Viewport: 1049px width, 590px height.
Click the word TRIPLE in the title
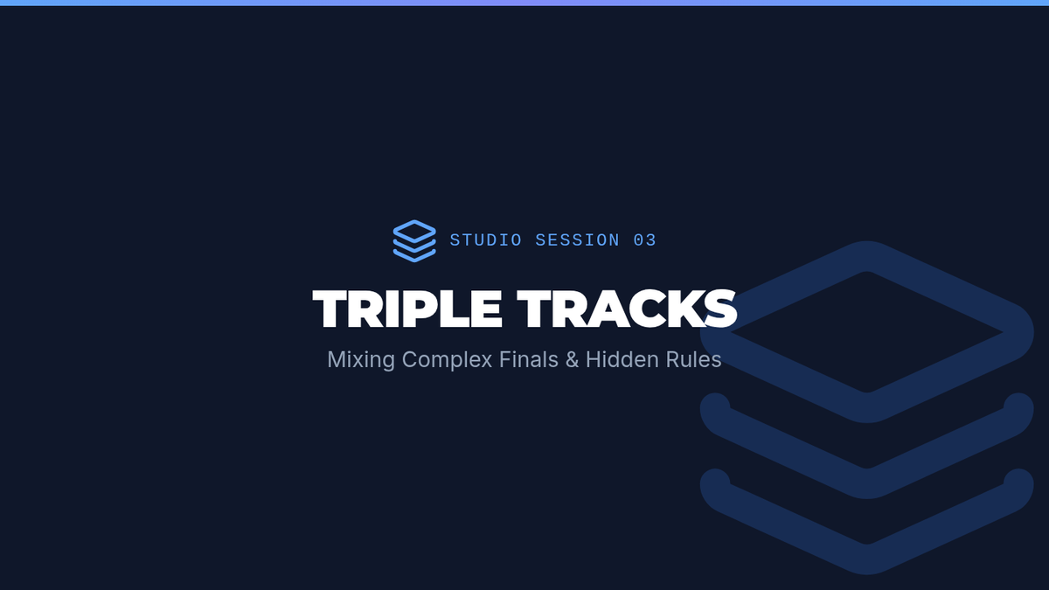[x=407, y=309]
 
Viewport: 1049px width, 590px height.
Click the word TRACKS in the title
[x=627, y=309]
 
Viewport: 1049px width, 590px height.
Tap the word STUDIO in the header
[x=486, y=240]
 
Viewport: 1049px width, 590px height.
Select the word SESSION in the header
[x=578, y=240]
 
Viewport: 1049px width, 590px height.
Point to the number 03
[x=645, y=240]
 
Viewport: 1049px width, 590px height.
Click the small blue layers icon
[x=414, y=240]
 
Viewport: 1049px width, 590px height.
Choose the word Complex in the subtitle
[x=447, y=360]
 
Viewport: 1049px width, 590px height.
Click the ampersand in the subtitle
[x=572, y=359]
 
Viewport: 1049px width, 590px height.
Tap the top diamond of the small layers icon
[x=414, y=232]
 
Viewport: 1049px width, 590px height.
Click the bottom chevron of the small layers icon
[x=414, y=255]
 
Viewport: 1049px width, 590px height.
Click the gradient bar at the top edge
[x=524, y=3]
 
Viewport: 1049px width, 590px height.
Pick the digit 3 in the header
[x=651, y=240]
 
